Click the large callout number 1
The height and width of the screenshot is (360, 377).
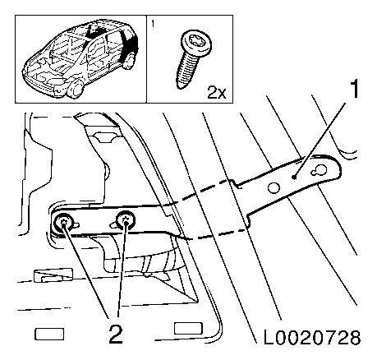pos(354,89)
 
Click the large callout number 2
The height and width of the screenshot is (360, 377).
pos(116,334)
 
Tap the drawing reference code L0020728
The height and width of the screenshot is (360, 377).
pos(312,338)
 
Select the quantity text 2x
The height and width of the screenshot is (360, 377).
pos(217,93)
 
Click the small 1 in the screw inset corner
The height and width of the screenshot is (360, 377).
pos(153,24)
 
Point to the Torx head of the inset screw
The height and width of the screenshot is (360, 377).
pos(197,44)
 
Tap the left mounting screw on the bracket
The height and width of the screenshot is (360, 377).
pos(63,221)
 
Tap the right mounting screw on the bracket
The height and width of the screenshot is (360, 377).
pos(126,219)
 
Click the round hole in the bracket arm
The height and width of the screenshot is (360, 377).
pos(274,187)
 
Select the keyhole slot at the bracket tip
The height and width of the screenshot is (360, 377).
pos(320,170)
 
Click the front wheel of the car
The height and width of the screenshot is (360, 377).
pos(75,90)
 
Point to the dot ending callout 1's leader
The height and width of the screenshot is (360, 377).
pos(294,178)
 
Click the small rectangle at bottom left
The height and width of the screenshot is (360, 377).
pos(49,334)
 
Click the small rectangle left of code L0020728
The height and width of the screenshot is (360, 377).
pos(188,328)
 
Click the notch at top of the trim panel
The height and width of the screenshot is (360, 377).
pos(103,137)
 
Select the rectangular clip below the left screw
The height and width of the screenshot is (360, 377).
pos(53,275)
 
